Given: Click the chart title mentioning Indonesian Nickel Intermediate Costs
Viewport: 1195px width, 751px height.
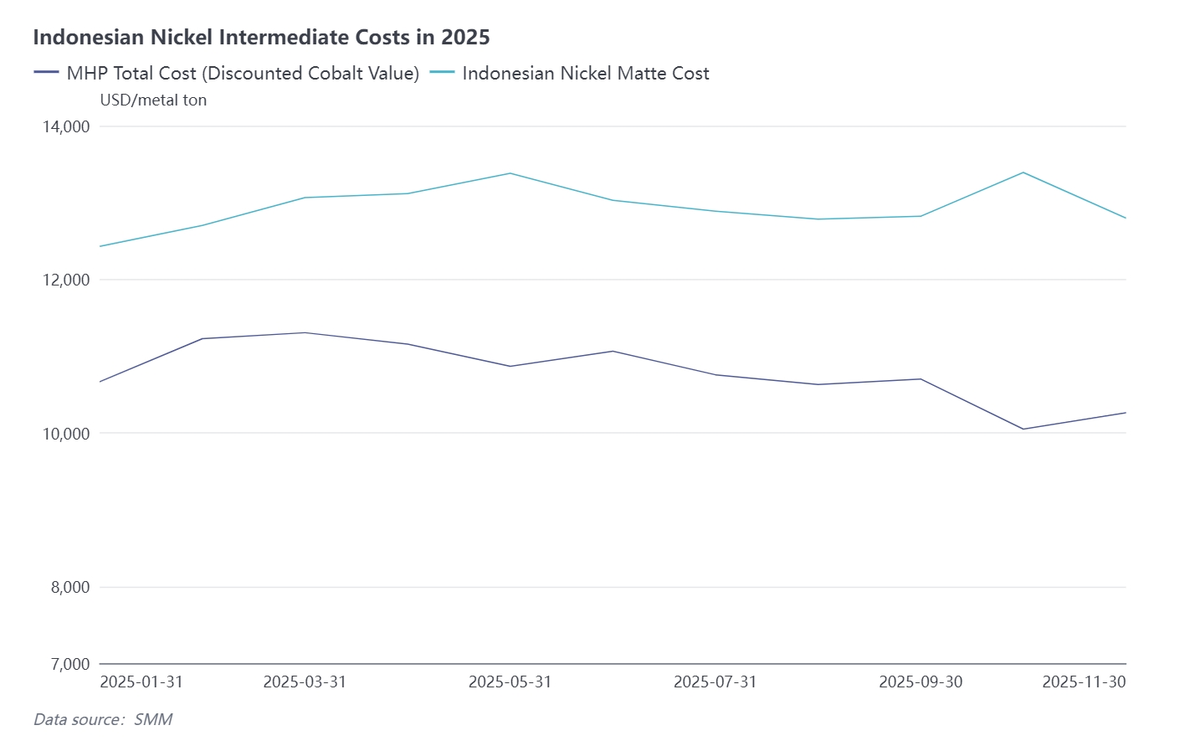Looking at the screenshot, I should (x=261, y=37).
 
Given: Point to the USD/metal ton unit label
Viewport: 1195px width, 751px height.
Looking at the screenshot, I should (x=153, y=100).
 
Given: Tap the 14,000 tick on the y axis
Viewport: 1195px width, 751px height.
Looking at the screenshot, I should (x=65, y=126).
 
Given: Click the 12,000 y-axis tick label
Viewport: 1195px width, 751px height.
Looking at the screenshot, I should (x=65, y=280).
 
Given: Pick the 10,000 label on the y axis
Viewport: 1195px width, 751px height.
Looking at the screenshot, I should (x=65, y=434).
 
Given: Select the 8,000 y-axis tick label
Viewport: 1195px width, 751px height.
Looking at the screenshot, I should (x=70, y=587).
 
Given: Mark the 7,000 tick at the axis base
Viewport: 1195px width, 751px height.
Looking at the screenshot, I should (x=70, y=664).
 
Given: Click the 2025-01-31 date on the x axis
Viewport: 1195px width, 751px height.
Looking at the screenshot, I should (x=141, y=682).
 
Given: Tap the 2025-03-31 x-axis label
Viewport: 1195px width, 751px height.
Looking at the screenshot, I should (x=305, y=682).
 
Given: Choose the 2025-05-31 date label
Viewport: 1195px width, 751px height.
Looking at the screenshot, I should (x=510, y=682).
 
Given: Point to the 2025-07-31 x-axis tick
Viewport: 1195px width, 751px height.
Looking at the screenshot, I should (x=715, y=682).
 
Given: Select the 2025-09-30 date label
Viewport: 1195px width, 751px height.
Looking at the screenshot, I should (x=921, y=682).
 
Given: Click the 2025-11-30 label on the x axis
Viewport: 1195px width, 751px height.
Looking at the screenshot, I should (x=1084, y=682).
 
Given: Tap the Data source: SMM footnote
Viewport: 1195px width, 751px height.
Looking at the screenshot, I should (x=103, y=719).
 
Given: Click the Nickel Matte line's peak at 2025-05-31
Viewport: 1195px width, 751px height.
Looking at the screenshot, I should (x=510, y=173).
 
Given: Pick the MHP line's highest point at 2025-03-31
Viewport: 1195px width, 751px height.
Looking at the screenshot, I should (x=305, y=332).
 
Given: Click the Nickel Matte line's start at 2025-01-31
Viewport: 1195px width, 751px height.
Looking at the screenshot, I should (x=100, y=246).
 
